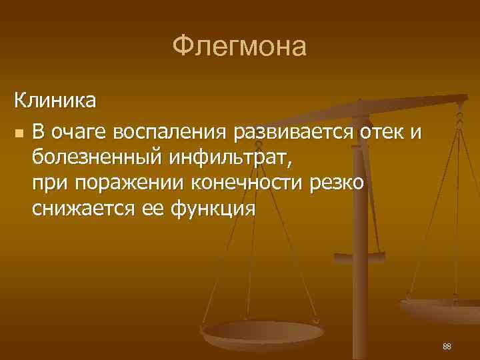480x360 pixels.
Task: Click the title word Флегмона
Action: point(239,47)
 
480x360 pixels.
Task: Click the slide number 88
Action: point(447,346)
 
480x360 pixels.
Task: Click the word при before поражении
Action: point(49,184)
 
